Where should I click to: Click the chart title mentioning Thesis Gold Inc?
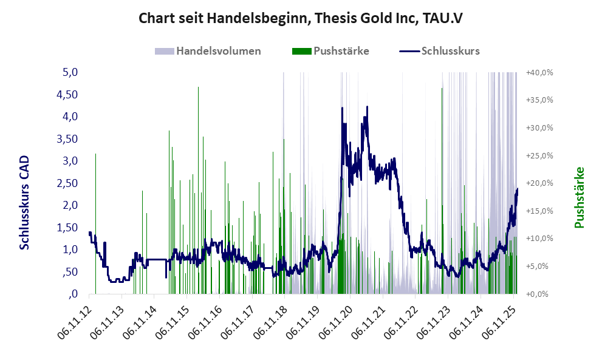click(301, 18)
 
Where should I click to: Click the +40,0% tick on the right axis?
click(539, 72)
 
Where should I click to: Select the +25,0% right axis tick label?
click(539, 155)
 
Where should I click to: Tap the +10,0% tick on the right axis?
click(539, 239)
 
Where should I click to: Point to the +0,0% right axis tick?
click(539, 294)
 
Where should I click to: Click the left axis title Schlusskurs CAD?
click(25, 202)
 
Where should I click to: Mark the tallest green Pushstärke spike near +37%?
click(198, 88)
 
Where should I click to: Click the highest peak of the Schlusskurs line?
click(367, 107)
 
